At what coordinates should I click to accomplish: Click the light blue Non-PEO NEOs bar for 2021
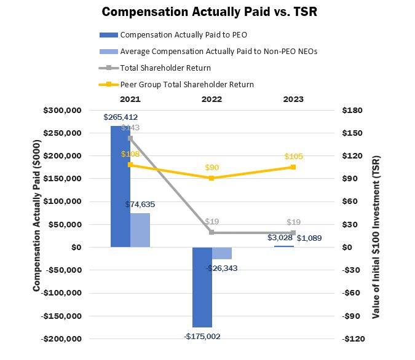[x=140, y=230]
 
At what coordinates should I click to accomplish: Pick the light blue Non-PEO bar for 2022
[x=222, y=253]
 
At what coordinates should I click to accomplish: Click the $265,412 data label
[x=121, y=117]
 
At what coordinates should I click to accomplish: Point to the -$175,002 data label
[x=202, y=336]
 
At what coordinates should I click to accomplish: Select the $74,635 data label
[x=140, y=205]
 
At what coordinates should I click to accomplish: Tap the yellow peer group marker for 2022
[x=211, y=178]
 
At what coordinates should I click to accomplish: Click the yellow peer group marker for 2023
[x=293, y=167]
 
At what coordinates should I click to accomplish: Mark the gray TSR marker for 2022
[x=211, y=232]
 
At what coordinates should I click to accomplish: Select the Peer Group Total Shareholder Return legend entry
[x=187, y=84]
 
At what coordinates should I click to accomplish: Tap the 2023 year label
[x=293, y=99]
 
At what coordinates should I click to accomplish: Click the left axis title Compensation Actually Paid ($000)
[x=36, y=224]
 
